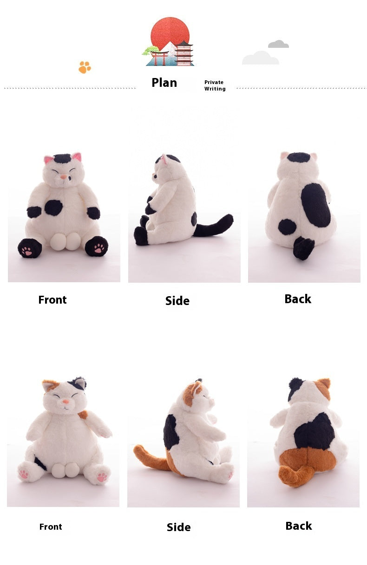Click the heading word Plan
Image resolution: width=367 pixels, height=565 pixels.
[164, 83]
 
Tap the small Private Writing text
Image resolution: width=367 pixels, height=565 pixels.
[215, 85]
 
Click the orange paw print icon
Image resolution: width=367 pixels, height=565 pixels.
[85, 67]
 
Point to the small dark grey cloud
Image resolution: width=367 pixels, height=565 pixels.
[278, 45]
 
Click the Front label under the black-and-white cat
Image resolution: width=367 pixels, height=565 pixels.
[52, 300]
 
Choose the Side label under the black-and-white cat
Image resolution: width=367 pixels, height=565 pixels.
[177, 301]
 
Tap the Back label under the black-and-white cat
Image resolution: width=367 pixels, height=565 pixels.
[298, 299]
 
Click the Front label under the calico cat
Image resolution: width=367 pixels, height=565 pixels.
[51, 526]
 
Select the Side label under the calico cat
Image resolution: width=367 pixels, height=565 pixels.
[178, 527]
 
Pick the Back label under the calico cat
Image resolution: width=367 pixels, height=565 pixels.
[298, 526]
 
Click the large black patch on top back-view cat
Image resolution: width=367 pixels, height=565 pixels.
[315, 205]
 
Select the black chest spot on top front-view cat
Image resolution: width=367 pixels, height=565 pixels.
[54, 208]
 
